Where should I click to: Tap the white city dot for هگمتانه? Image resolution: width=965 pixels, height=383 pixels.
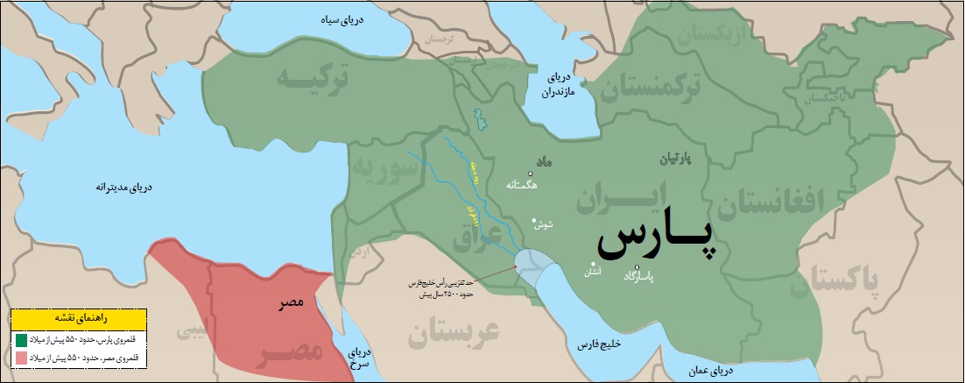tap(531, 174)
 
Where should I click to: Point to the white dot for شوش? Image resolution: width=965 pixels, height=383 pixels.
tap(533, 219)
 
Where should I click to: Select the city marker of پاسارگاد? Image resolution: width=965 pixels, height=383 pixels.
tap(637, 267)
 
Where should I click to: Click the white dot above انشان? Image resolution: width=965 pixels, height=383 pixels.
tap(593, 264)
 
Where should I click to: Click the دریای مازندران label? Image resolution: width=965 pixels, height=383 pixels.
tap(557, 85)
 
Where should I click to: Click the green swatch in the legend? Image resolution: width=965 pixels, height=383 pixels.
tap(20, 338)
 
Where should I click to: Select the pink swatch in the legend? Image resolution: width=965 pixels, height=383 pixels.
tap(20, 358)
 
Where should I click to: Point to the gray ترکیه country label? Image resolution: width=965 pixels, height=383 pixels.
tap(312, 78)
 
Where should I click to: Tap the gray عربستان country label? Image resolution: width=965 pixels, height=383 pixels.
tap(452, 335)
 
